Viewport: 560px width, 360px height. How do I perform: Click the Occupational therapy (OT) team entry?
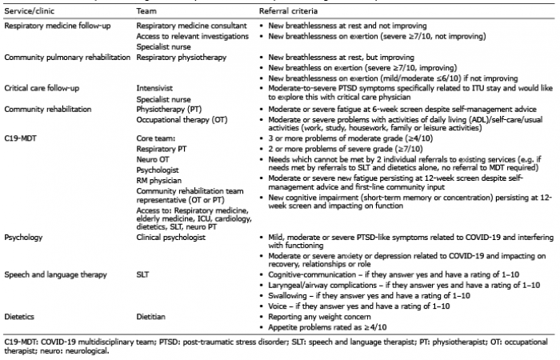pyautogui.click(x=180, y=128)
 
